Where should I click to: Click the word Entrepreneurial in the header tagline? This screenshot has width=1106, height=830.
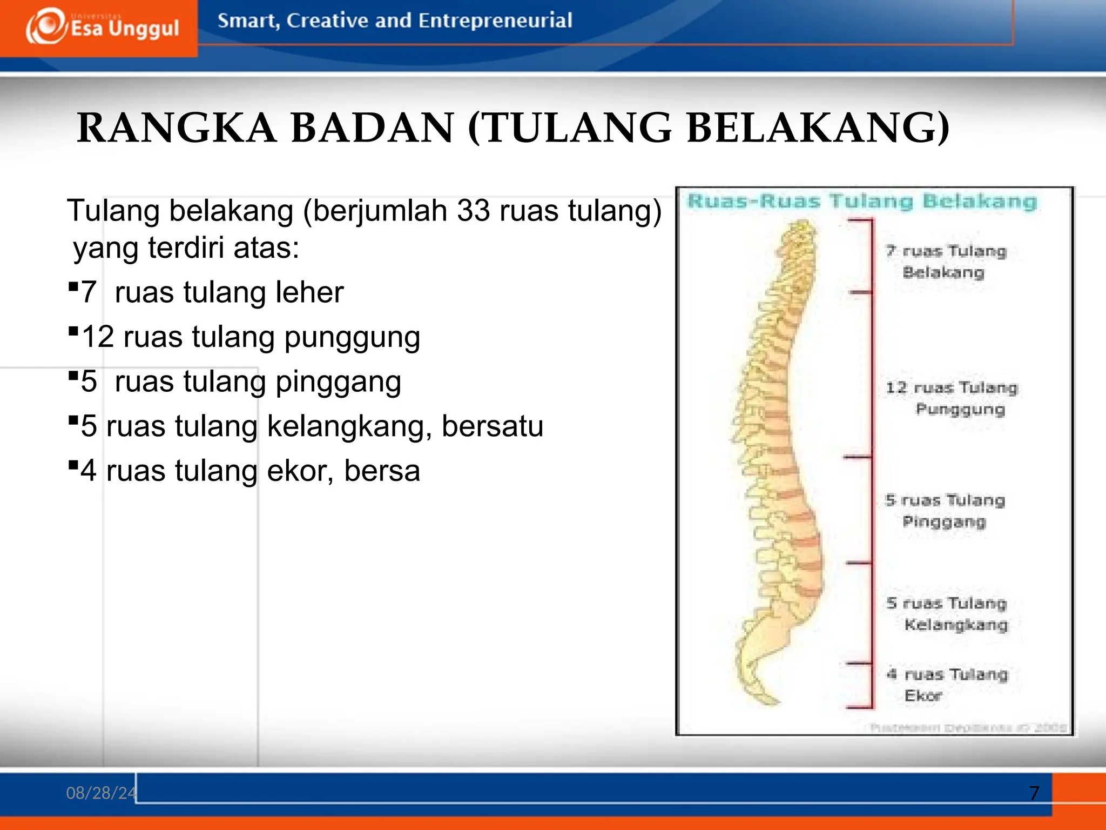click(495, 21)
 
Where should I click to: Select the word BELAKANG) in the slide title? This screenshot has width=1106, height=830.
click(818, 128)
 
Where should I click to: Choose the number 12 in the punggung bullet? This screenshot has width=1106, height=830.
click(98, 337)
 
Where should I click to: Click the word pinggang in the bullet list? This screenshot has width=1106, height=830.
click(339, 381)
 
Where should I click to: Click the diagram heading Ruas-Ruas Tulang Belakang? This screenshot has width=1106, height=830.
click(862, 202)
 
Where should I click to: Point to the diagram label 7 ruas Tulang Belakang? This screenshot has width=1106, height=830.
click(946, 262)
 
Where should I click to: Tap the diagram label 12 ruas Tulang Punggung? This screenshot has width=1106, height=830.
click(952, 398)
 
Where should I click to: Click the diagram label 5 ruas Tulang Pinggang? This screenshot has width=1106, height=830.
click(945, 511)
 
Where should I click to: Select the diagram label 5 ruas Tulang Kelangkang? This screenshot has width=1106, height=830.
click(947, 614)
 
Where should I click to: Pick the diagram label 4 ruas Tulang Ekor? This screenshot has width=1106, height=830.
click(948, 685)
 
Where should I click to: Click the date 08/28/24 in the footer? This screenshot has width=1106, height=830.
click(101, 793)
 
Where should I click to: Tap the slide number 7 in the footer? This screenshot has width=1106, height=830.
click(1034, 793)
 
